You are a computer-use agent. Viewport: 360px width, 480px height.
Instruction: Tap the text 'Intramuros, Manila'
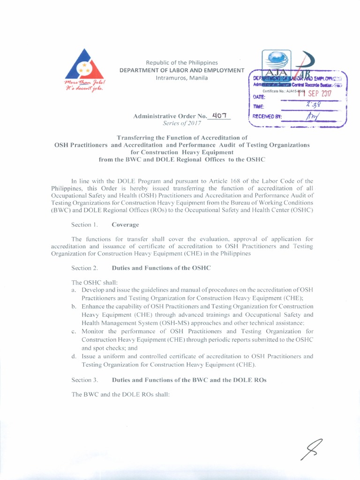tap(182, 78)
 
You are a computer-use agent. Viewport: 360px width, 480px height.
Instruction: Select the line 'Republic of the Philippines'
tap(182, 63)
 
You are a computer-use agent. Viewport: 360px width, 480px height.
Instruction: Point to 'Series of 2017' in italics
tap(182, 123)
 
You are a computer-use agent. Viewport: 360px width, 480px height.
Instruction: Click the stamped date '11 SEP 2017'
tap(315, 93)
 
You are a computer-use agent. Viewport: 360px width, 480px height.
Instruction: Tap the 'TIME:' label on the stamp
tap(259, 107)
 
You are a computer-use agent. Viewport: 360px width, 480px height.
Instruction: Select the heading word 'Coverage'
tap(125, 225)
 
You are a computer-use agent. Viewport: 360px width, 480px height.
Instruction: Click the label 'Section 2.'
tap(84, 268)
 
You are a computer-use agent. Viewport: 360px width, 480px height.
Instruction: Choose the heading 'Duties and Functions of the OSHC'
tap(161, 268)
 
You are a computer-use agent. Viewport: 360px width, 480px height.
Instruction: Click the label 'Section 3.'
tap(84, 380)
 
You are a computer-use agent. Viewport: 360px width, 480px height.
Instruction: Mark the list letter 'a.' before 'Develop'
tap(74, 291)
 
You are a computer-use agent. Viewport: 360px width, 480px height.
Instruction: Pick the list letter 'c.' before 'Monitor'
tap(74, 332)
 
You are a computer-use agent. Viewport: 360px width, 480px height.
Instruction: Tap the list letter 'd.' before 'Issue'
tap(74, 356)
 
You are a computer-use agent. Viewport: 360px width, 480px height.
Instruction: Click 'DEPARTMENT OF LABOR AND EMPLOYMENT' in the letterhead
tap(182, 70)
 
